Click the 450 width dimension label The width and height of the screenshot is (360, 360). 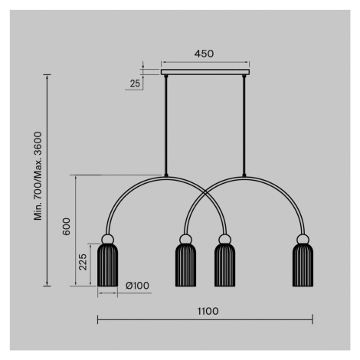[204, 54]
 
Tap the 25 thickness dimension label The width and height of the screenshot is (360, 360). [135, 83]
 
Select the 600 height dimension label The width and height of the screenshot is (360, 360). [67, 227]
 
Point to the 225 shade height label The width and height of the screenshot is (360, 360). [83, 262]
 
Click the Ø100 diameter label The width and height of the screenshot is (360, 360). [137, 286]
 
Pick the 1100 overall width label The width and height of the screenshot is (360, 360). [208, 311]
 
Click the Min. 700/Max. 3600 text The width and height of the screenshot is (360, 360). [38, 176]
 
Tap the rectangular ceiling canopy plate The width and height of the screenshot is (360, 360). [205, 72]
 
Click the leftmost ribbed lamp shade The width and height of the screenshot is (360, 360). [108, 265]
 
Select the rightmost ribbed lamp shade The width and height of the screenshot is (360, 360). [303, 265]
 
